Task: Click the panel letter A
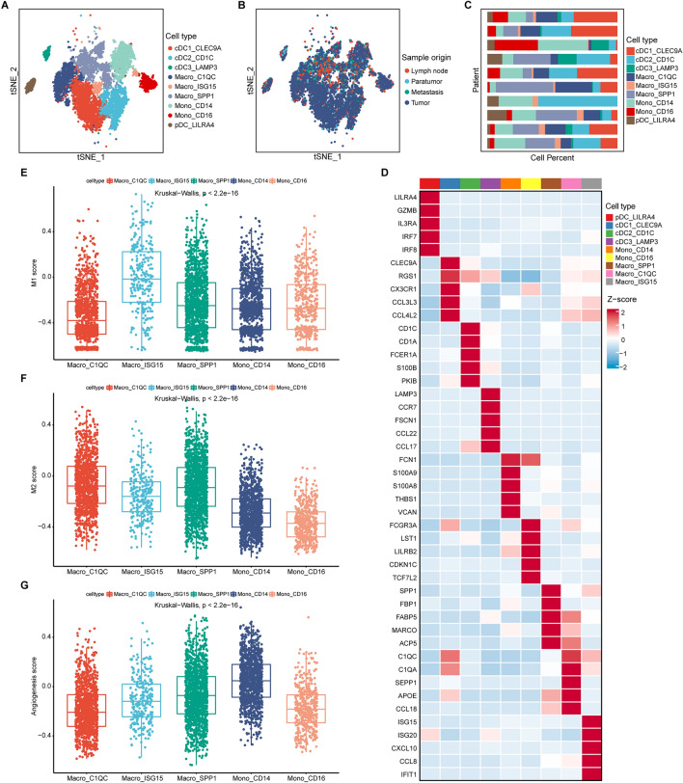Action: [8, 7]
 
